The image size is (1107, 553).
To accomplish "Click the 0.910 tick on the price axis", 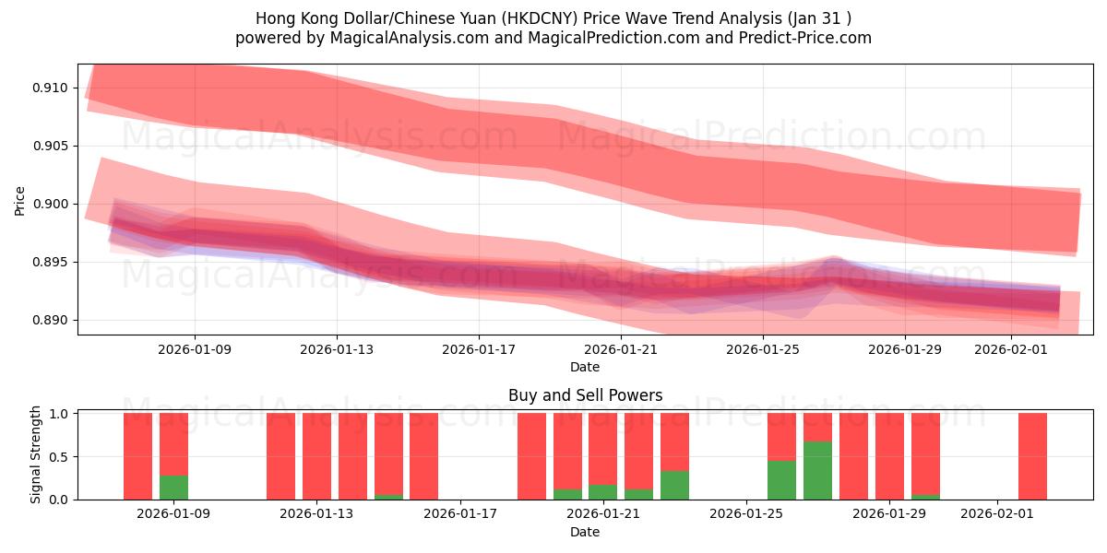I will tap(55, 88).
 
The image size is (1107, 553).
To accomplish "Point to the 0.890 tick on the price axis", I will tap(55, 320).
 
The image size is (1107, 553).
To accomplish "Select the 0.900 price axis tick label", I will tap(55, 204).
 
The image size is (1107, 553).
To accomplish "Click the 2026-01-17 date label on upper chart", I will tap(478, 349).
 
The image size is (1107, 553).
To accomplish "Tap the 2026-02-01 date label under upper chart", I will tap(1010, 349).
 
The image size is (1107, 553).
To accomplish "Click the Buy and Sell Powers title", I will tap(585, 395).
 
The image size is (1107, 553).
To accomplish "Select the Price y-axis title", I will tap(20, 199).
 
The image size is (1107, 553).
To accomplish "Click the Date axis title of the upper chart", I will tap(585, 367).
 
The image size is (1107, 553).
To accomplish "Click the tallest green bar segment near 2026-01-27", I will tap(817, 470).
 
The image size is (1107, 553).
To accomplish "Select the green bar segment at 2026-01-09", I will tap(173, 487).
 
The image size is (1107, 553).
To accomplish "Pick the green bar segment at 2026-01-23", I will tap(674, 485).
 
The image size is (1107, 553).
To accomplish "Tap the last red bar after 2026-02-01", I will tap(1032, 456).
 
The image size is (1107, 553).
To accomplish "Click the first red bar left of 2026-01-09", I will tap(137, 456).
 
